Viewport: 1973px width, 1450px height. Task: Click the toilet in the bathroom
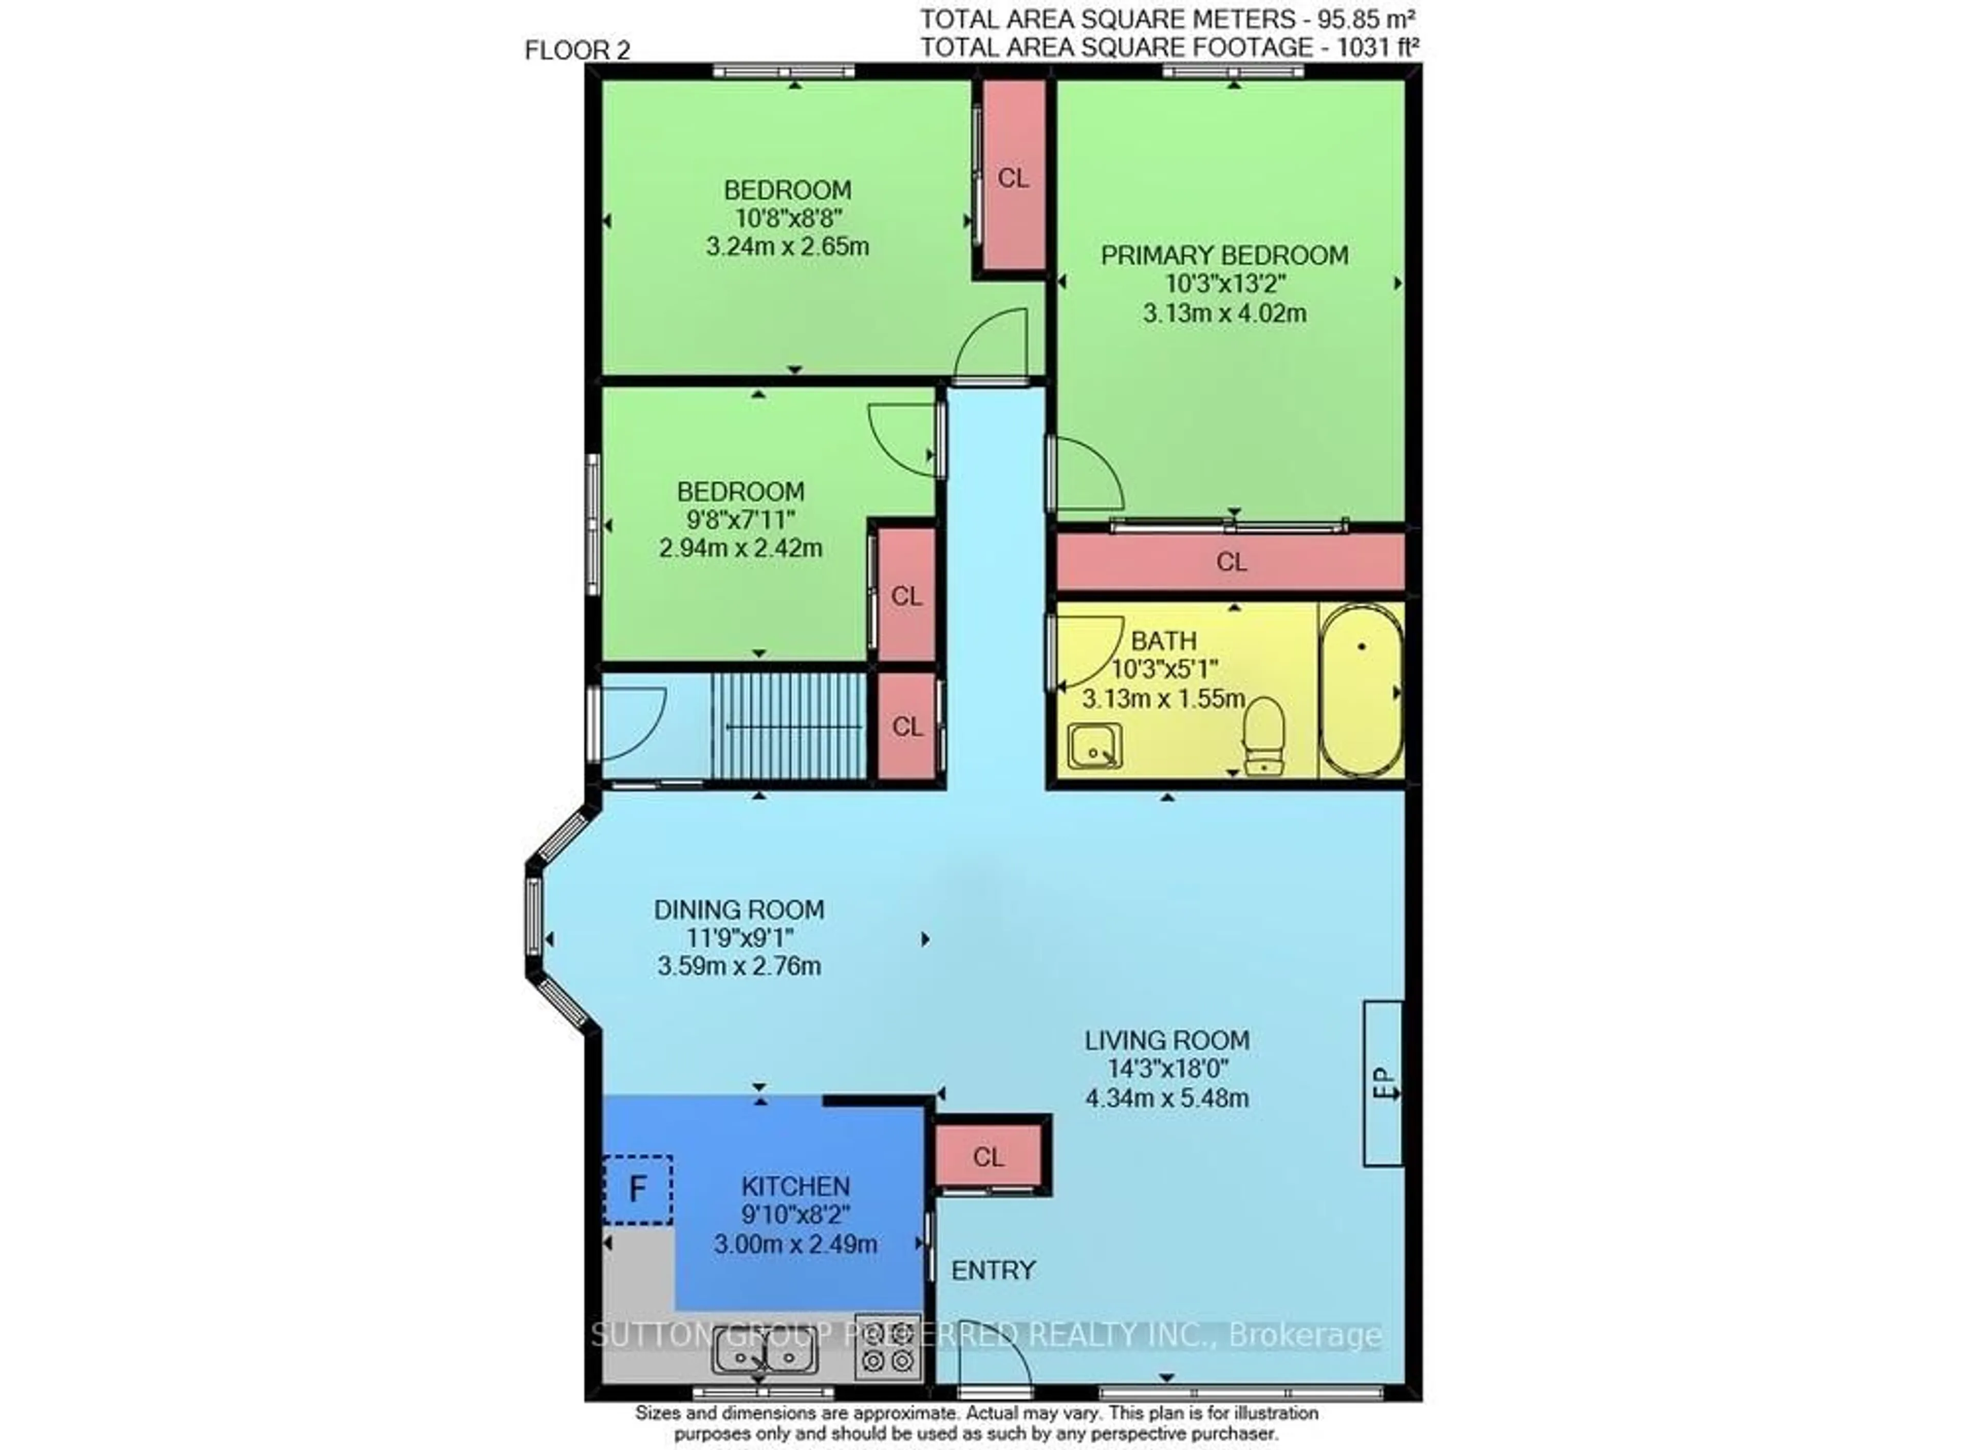click(1264, 735)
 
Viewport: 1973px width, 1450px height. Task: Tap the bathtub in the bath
click(1361, 690)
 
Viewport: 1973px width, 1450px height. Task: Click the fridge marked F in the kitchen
click(638, 1189)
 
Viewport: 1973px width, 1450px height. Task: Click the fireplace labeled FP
click(1382, 1084)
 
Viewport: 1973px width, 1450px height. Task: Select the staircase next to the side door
click(788, 726)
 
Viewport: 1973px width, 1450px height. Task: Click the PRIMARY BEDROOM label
click(1224, 255)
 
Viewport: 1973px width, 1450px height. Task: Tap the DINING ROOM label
click(739, 909)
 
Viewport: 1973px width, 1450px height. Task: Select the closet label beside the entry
click(988, 1157)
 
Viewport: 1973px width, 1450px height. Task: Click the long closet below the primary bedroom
click(1231, 562)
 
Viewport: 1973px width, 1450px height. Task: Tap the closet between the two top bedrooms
click(1013, 176)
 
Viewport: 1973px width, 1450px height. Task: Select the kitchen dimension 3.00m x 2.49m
click(795, 1244)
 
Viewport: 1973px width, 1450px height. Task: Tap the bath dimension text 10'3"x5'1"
click(1165, 670)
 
